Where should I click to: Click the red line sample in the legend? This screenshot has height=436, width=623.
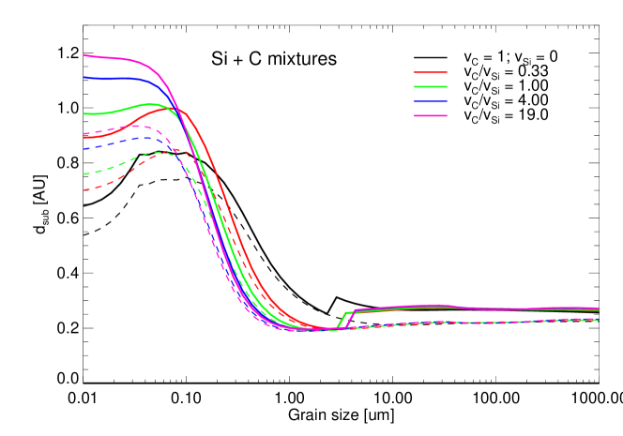431,72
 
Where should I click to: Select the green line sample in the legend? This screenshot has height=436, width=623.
431,86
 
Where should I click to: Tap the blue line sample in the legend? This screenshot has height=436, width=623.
431,101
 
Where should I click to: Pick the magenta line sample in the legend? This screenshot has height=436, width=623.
431,115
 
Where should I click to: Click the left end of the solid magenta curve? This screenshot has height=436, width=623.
84,55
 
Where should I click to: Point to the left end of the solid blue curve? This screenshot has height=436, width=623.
84,78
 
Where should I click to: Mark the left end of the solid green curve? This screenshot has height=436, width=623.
84,113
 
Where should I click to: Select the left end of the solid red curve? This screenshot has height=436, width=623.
84,138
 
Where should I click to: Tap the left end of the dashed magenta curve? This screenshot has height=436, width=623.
84,133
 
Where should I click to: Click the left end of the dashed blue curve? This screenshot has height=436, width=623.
84,148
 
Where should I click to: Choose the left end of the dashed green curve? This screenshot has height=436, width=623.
84,173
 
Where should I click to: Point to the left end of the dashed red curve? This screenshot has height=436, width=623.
84,190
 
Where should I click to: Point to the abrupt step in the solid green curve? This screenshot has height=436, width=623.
342,320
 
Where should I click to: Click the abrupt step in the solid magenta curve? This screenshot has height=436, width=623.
350,319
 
